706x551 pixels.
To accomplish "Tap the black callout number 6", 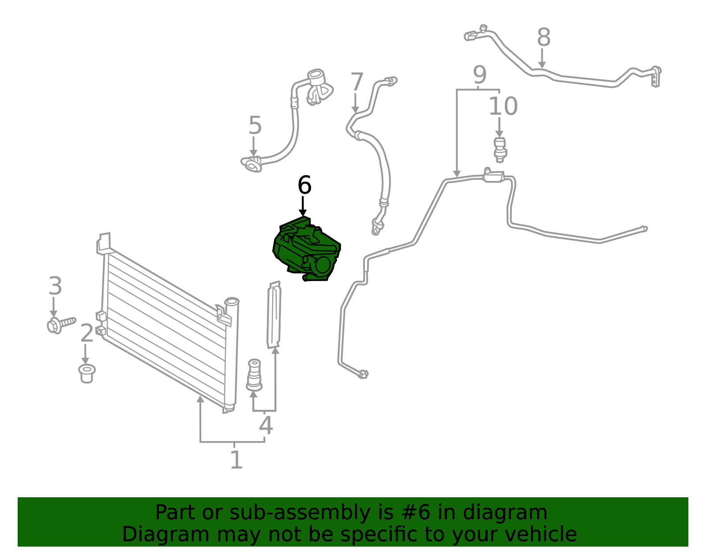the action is [304, 185].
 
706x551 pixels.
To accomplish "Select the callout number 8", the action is [544, 37].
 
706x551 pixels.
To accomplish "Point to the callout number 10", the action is [503, 106].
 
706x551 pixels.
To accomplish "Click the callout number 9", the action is [480, 75].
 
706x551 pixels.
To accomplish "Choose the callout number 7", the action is [357, 82].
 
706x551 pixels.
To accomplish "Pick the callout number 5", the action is [255, 125].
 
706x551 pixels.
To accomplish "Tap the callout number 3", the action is [55, 286].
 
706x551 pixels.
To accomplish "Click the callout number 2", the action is [87, 333].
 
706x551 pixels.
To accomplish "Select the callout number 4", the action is [266, 425].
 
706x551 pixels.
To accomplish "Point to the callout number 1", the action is [237, 459].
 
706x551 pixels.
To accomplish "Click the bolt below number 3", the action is [61, 324].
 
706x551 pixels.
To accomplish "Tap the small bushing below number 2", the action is [87, 373].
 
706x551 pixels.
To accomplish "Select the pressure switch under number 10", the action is [500, 150].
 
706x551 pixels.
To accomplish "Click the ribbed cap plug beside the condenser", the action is [254, 375].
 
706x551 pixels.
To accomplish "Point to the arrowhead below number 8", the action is [541, 64].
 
